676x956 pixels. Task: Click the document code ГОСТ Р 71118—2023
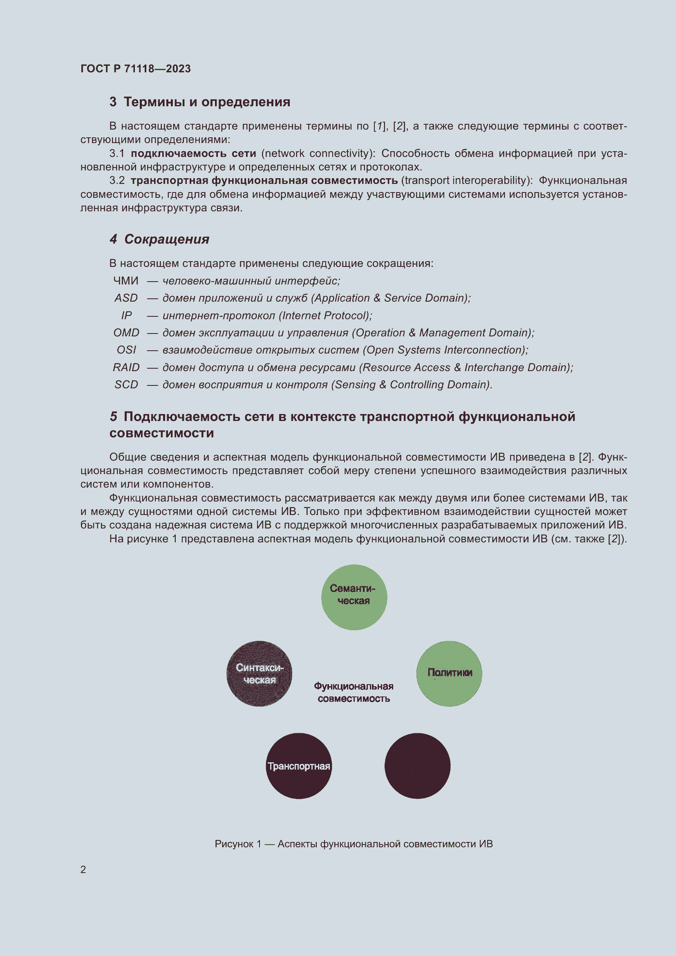tap(135, 69)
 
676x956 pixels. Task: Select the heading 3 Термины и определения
tap(200, 102)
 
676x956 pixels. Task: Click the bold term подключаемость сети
tap(193, 153)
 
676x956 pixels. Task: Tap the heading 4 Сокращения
tap(159, 239)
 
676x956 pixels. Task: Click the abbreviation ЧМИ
tap(126, 281)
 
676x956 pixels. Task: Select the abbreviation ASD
tap(126, 298)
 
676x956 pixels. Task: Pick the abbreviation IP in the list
tap(127, 316)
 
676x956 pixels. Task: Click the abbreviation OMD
tap(126, 333)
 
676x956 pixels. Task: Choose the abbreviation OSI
tap(127, 350)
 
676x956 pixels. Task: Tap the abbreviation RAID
tap(126, 367)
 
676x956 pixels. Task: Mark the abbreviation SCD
tap(126, 384)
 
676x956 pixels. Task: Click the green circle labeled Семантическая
tap(354, 597)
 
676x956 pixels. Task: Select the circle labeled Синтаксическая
tap(260, 673)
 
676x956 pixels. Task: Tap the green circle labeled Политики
tap(449, 673)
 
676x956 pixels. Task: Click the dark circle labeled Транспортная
tap(299, 766)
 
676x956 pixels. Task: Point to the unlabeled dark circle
tap(417, 766)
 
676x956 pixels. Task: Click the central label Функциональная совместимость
tap(354, 692)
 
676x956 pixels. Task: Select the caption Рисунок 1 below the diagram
tap(354, 844)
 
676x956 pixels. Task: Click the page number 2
tap(83, 869)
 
